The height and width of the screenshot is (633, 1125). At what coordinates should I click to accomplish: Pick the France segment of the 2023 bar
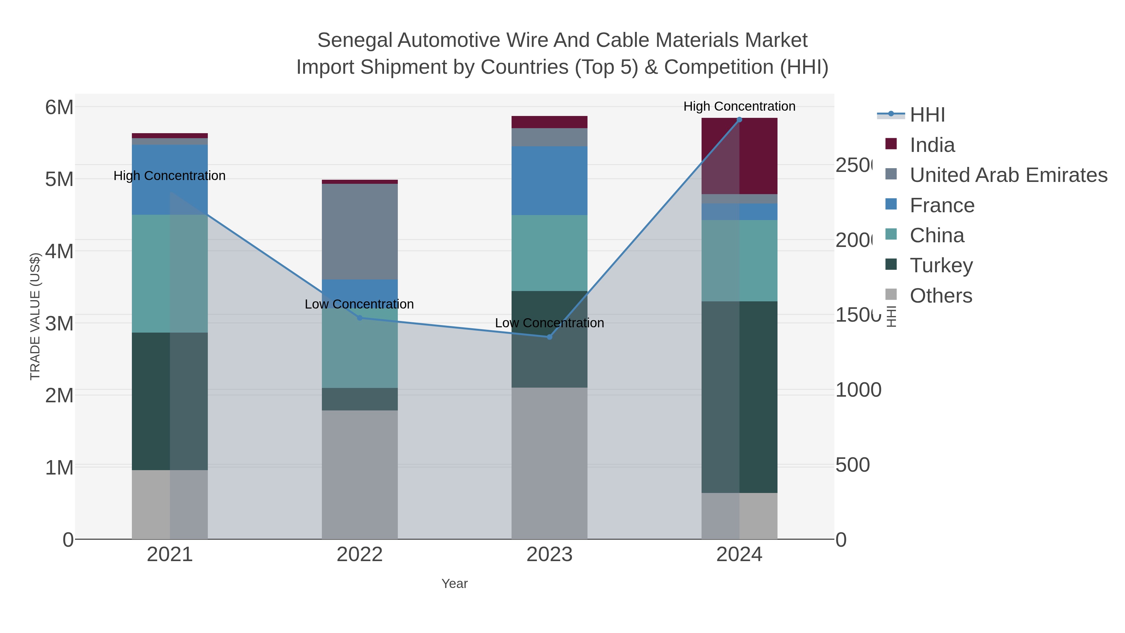[x=549, y=180]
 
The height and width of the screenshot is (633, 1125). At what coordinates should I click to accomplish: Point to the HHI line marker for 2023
[x=549, y=337]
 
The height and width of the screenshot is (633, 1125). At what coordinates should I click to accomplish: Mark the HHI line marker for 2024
[x=739, y=120]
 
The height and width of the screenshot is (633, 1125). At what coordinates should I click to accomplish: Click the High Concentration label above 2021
[x=169, y=176]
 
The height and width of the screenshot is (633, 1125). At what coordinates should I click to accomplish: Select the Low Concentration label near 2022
[x=359, y=304]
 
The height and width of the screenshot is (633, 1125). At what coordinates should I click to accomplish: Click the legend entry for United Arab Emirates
[x=1008, y=175]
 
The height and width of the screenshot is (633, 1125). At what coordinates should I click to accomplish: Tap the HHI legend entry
[x=927, y=115]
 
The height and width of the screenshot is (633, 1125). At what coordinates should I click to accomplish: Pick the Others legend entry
[x=941, y=296]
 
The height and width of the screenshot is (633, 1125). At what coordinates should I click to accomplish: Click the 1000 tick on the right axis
[x=858, y=390]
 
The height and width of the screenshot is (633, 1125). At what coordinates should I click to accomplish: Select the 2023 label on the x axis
[x=549, y=554]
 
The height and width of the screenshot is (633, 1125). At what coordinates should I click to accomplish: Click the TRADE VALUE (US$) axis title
[x=35, y=316]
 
